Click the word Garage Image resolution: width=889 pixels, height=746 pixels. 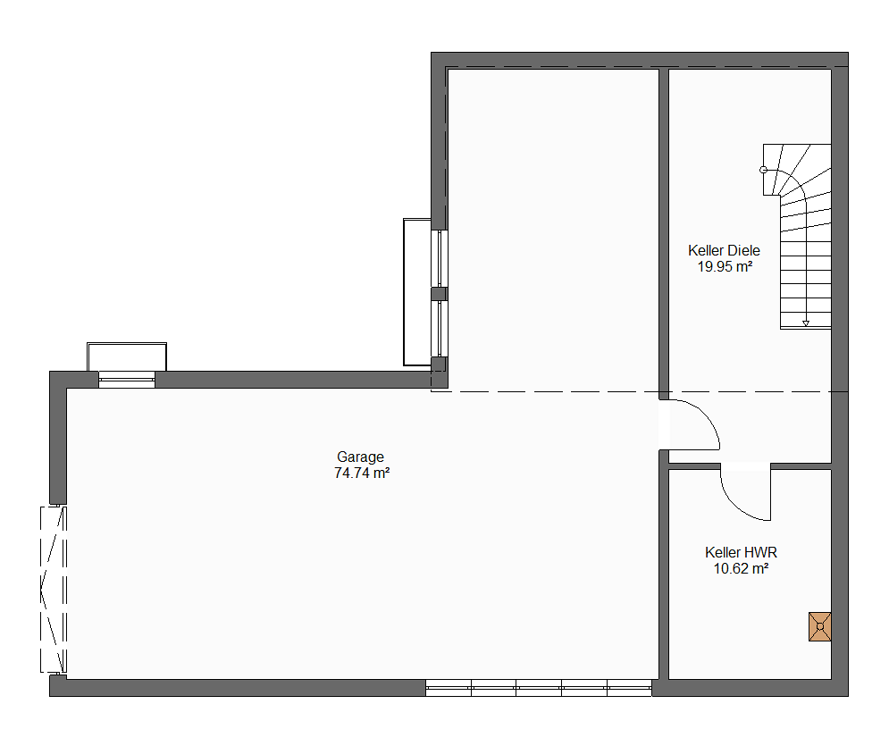pyautogui.click(x=360, y=457)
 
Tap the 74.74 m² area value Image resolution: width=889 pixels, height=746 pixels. pyautogui.click(x=362, y=473)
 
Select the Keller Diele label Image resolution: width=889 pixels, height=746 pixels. pyautogui.click(x=724, y=250)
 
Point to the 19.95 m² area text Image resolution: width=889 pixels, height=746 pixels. pyautogui.click(x=725, y=266)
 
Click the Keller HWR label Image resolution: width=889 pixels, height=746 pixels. pyautogui.click(x=741, y=552)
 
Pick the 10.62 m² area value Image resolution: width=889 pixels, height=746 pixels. pyautogui.click(x=741, y=568)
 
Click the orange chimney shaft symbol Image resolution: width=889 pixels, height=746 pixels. pyautogui.click(x=820, y=626)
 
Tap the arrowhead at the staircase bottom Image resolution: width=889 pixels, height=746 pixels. pyautogui.click(x=806, y=323)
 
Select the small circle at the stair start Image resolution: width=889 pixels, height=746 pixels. pyautogui.click(x=763, y=170)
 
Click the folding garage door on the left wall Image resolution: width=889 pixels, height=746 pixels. pyautogui.click(x=54, y=590)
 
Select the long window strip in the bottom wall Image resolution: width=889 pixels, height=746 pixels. pyautogui.click(x=539, y=688)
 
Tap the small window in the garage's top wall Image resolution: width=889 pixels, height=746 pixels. pyautogui.click(x=127, y=380)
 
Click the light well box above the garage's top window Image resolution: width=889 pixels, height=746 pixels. pyautogui.click(x=127, y=356)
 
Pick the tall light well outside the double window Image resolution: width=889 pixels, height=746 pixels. pyautogui.click(x=417, y=292)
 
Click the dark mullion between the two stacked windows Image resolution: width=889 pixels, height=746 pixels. pyautogui.click(x=440, y=294)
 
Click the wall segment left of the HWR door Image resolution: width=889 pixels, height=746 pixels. pyautogui.click(x=694, y=466)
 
